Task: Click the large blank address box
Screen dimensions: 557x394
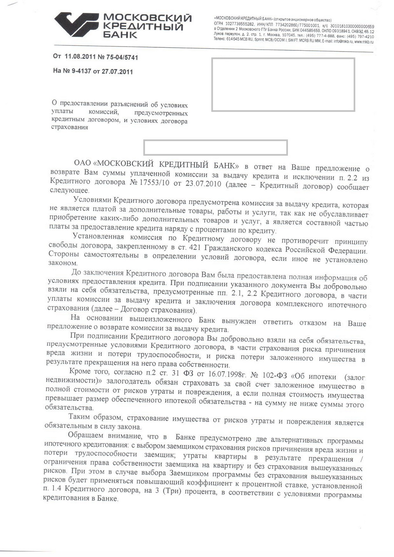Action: (283, 85)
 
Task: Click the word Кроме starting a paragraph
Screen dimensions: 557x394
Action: (80, 371)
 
